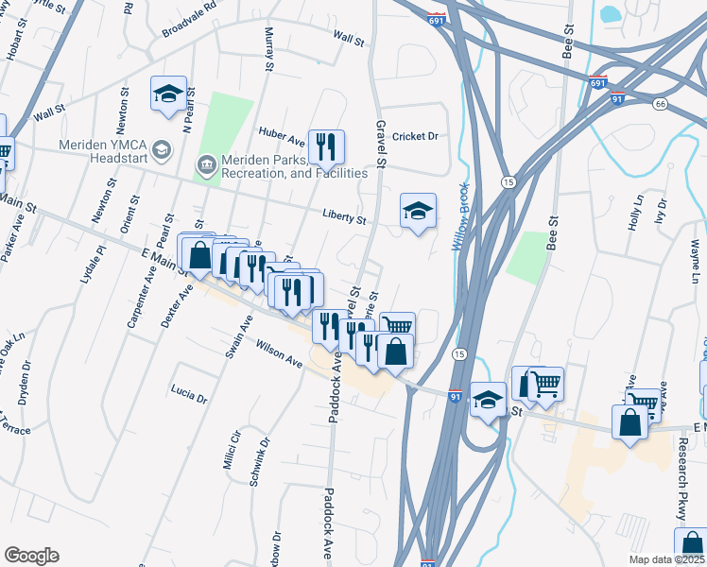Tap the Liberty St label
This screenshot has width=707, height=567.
343,218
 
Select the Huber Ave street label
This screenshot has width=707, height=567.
282,136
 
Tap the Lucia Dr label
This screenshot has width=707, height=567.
189,394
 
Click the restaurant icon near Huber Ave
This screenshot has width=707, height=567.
326,146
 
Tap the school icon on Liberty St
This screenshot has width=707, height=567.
418,211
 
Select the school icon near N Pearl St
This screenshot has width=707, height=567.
168,94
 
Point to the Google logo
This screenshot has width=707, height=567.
31,556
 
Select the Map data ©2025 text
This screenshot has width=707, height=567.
665,559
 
